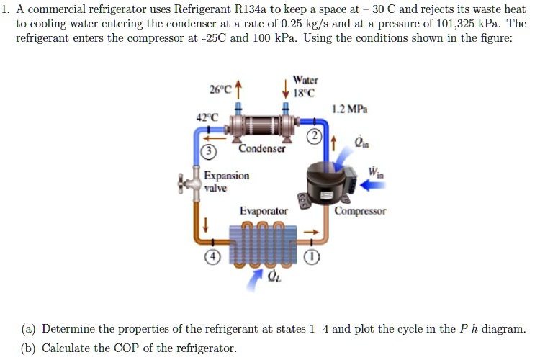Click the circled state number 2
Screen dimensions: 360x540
point(314,137)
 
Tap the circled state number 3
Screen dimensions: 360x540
point(207,151)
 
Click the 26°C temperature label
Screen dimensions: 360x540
point(220,90)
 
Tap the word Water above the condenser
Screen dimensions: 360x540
point(305,80)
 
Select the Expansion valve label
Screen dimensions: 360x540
point(226,181)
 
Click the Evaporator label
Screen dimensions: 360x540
point(264,211)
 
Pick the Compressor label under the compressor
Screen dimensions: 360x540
point(360,211)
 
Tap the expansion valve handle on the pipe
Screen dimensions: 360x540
point(189,183)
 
